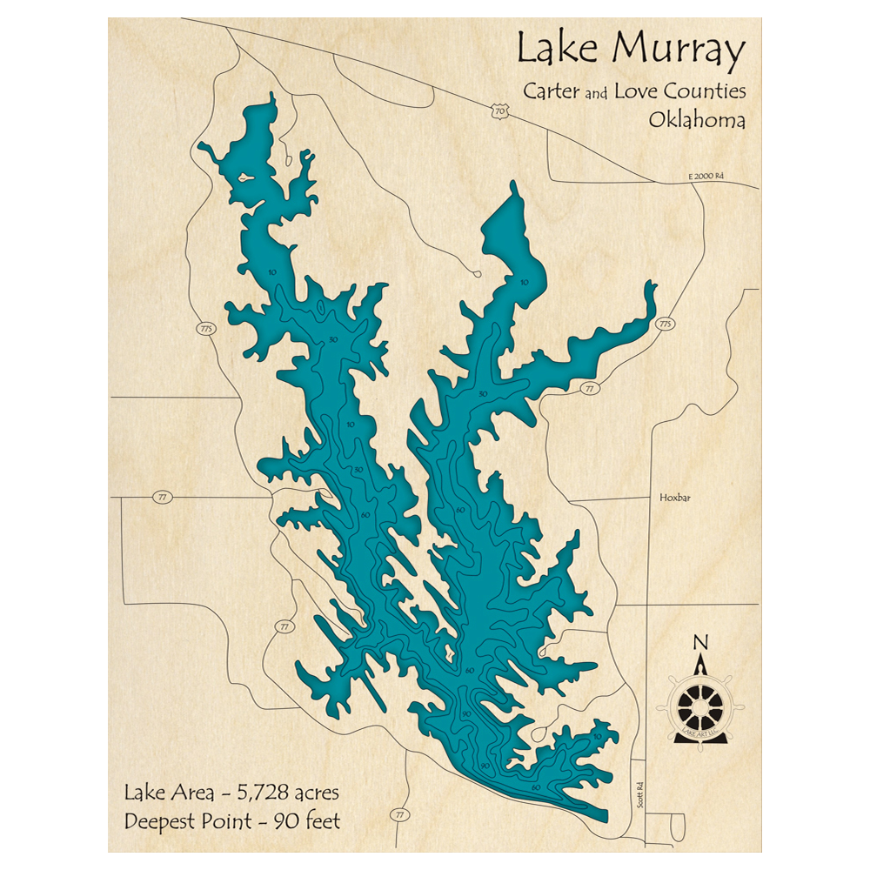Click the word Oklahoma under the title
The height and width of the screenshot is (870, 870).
(x=696, y=120)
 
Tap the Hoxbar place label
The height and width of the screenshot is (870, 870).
(x=668, y=499)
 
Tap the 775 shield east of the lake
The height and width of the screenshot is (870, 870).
(x=666, y=325)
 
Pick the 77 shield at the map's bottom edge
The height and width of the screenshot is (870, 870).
(x=399, y=814)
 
